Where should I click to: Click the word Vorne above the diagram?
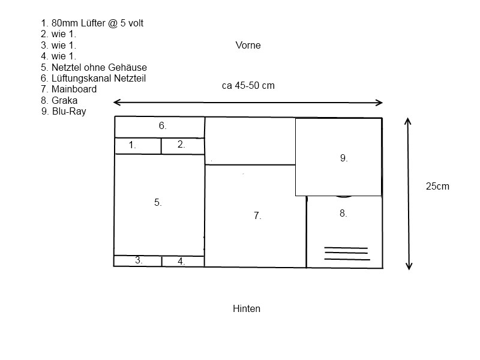pos(248,46)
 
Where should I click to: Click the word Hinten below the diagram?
pos(247,308)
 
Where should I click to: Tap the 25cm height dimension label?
pos(437,186)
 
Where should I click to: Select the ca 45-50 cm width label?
pos(248,85)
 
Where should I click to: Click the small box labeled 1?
pos(138,146)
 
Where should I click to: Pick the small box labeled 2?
pos(183,146)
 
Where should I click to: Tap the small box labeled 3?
pos(138,261)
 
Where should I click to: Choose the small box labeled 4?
pos(183,261)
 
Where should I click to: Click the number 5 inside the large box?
pos(158,202)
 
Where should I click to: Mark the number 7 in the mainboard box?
pos(257,215)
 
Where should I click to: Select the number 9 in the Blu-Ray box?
pos(343,158)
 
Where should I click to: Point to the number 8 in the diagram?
pos(343,213)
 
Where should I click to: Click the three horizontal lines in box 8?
pos(347,253)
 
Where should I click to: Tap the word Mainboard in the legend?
pos(74,89)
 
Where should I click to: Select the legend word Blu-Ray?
pos(69,111)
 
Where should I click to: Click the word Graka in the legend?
pos(64,100)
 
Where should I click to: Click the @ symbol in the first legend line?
pos(113,23)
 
